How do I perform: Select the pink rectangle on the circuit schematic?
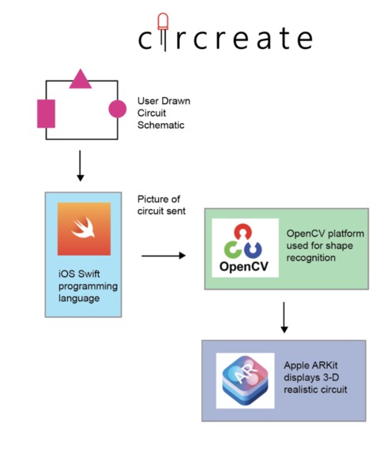[47, 113]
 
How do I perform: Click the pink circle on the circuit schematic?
[117, 109]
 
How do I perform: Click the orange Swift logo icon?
[84, 229]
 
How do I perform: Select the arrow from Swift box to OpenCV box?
[164, 256]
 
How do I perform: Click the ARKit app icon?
[245, 379]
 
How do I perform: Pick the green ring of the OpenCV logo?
[232, 250]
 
